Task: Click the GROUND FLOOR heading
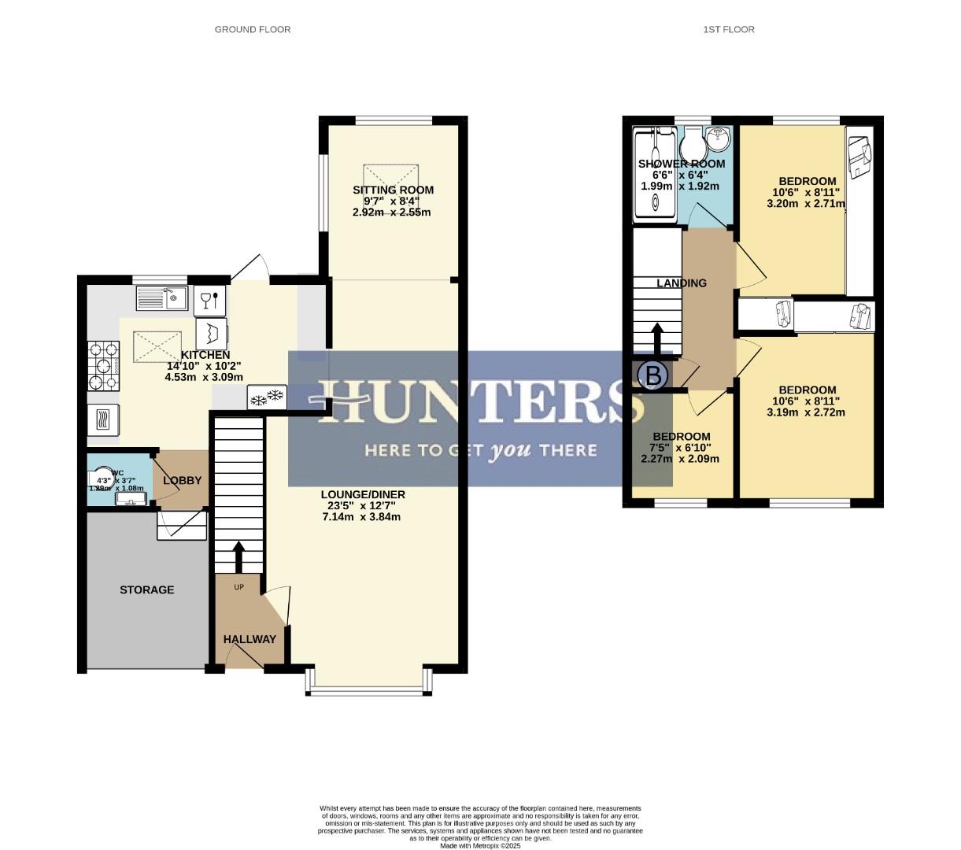click(253, 29)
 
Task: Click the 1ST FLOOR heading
click(728, 29)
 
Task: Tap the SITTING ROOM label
click(393, 190)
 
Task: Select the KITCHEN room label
click(205, 355)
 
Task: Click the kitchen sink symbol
click(161, 297)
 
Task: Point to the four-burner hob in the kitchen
click(103, 366)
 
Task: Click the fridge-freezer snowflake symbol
click(267, 398)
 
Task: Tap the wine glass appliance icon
click(209, 299)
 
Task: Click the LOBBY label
click(183, 480)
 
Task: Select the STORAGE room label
click(146, 589)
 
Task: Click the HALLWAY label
click(249, 639)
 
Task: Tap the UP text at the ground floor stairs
click(238, 587)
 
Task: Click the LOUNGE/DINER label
click(363, 494)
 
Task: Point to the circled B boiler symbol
click(652, 375)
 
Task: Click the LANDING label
click(682, 283)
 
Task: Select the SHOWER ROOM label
click(682, 164)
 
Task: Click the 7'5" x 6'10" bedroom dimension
click(681, 448)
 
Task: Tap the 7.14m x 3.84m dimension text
click(363, 517)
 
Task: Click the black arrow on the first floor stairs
click(656, 338)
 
